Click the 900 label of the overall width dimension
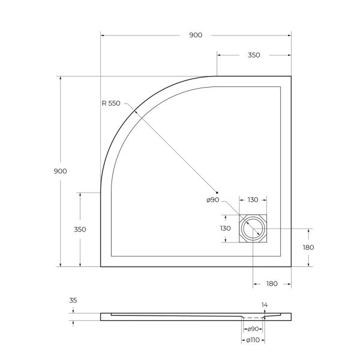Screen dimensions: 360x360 (195, 35)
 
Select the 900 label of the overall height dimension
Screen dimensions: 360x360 (60, 171)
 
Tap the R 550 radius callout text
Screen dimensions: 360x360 (111, 103)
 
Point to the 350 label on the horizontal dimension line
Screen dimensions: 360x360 (253, 55)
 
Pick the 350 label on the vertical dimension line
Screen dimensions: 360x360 (80, 229)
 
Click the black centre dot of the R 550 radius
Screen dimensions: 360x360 (218, 191)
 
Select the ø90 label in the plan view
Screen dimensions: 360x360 (213, 200)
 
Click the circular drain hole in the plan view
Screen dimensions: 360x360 (253, 229)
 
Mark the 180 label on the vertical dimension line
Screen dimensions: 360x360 (308, 247)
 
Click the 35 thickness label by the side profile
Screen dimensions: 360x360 (73, 301)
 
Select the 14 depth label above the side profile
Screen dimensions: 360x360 (265, 305)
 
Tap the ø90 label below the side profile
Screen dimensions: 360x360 (253, 329)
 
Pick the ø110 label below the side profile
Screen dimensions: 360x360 (253, 340)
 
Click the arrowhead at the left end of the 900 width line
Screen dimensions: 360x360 (103, 35)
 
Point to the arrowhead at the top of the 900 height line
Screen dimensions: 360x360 (60, 79)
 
